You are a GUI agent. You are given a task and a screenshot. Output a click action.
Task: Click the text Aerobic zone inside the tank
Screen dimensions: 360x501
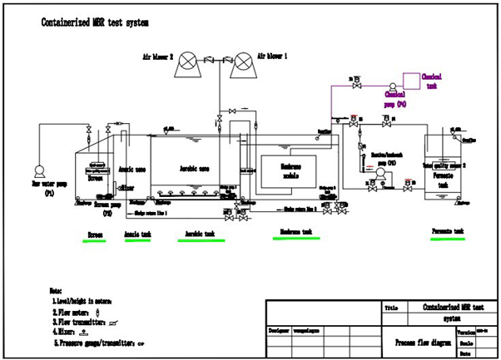194,168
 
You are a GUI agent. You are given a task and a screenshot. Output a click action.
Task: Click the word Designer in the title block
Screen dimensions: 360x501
280,330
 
